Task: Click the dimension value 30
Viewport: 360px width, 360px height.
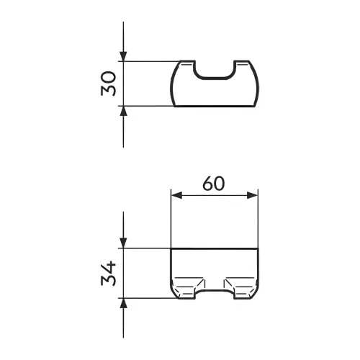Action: coord(109,84)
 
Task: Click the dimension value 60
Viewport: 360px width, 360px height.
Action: coord(214,184)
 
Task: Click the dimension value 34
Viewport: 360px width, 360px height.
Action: coord(109,274)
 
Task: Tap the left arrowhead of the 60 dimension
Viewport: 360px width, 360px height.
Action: coord(176,195)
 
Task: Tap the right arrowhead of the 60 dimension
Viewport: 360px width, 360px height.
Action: coord(253,195)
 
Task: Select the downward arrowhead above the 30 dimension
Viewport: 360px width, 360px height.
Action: coord(123,56)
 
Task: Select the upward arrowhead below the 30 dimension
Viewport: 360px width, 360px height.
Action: coord(123,111)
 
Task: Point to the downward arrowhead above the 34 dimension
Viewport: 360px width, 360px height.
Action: coord(123,243)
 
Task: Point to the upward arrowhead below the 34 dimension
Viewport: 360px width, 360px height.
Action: coord(123,303)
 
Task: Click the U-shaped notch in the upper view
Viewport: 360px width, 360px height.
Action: coord(214,78)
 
